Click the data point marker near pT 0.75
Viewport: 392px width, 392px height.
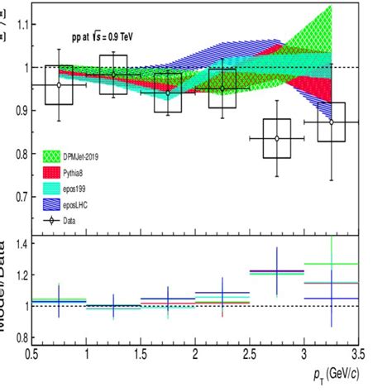click(59, 84)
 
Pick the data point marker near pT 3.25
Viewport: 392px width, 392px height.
click(331, 122)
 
